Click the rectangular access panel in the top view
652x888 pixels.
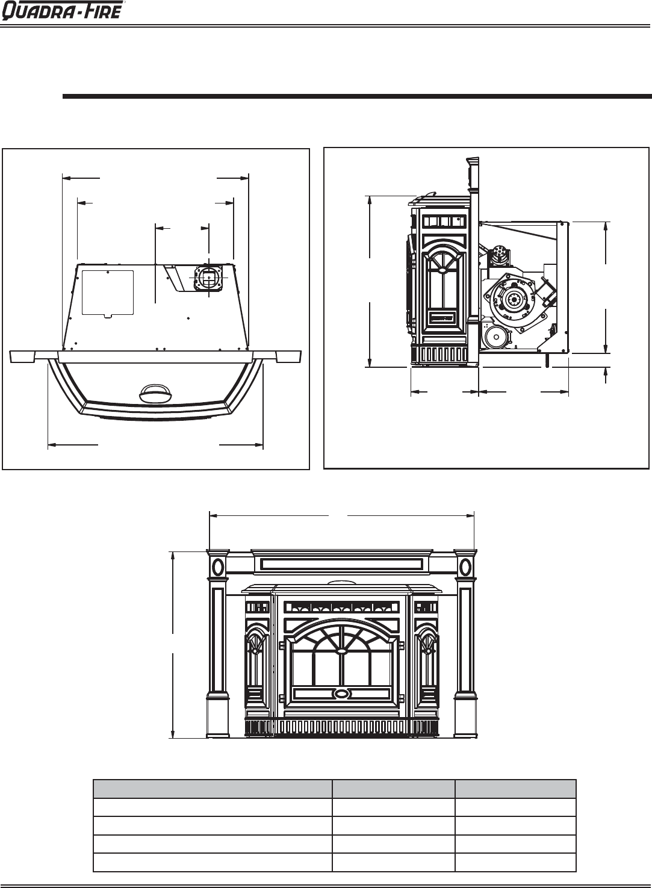click(107, 292)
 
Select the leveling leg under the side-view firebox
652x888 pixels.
click(547, 360)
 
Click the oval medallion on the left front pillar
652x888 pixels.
click(218, 567)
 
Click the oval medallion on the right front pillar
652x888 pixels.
click(465, 567)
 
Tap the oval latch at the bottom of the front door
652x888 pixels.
click(341, 694)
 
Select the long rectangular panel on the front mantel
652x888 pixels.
click(341, 564)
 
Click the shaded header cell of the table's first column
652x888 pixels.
click(213, 789)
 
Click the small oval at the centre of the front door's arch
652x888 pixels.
click(341, 650)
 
